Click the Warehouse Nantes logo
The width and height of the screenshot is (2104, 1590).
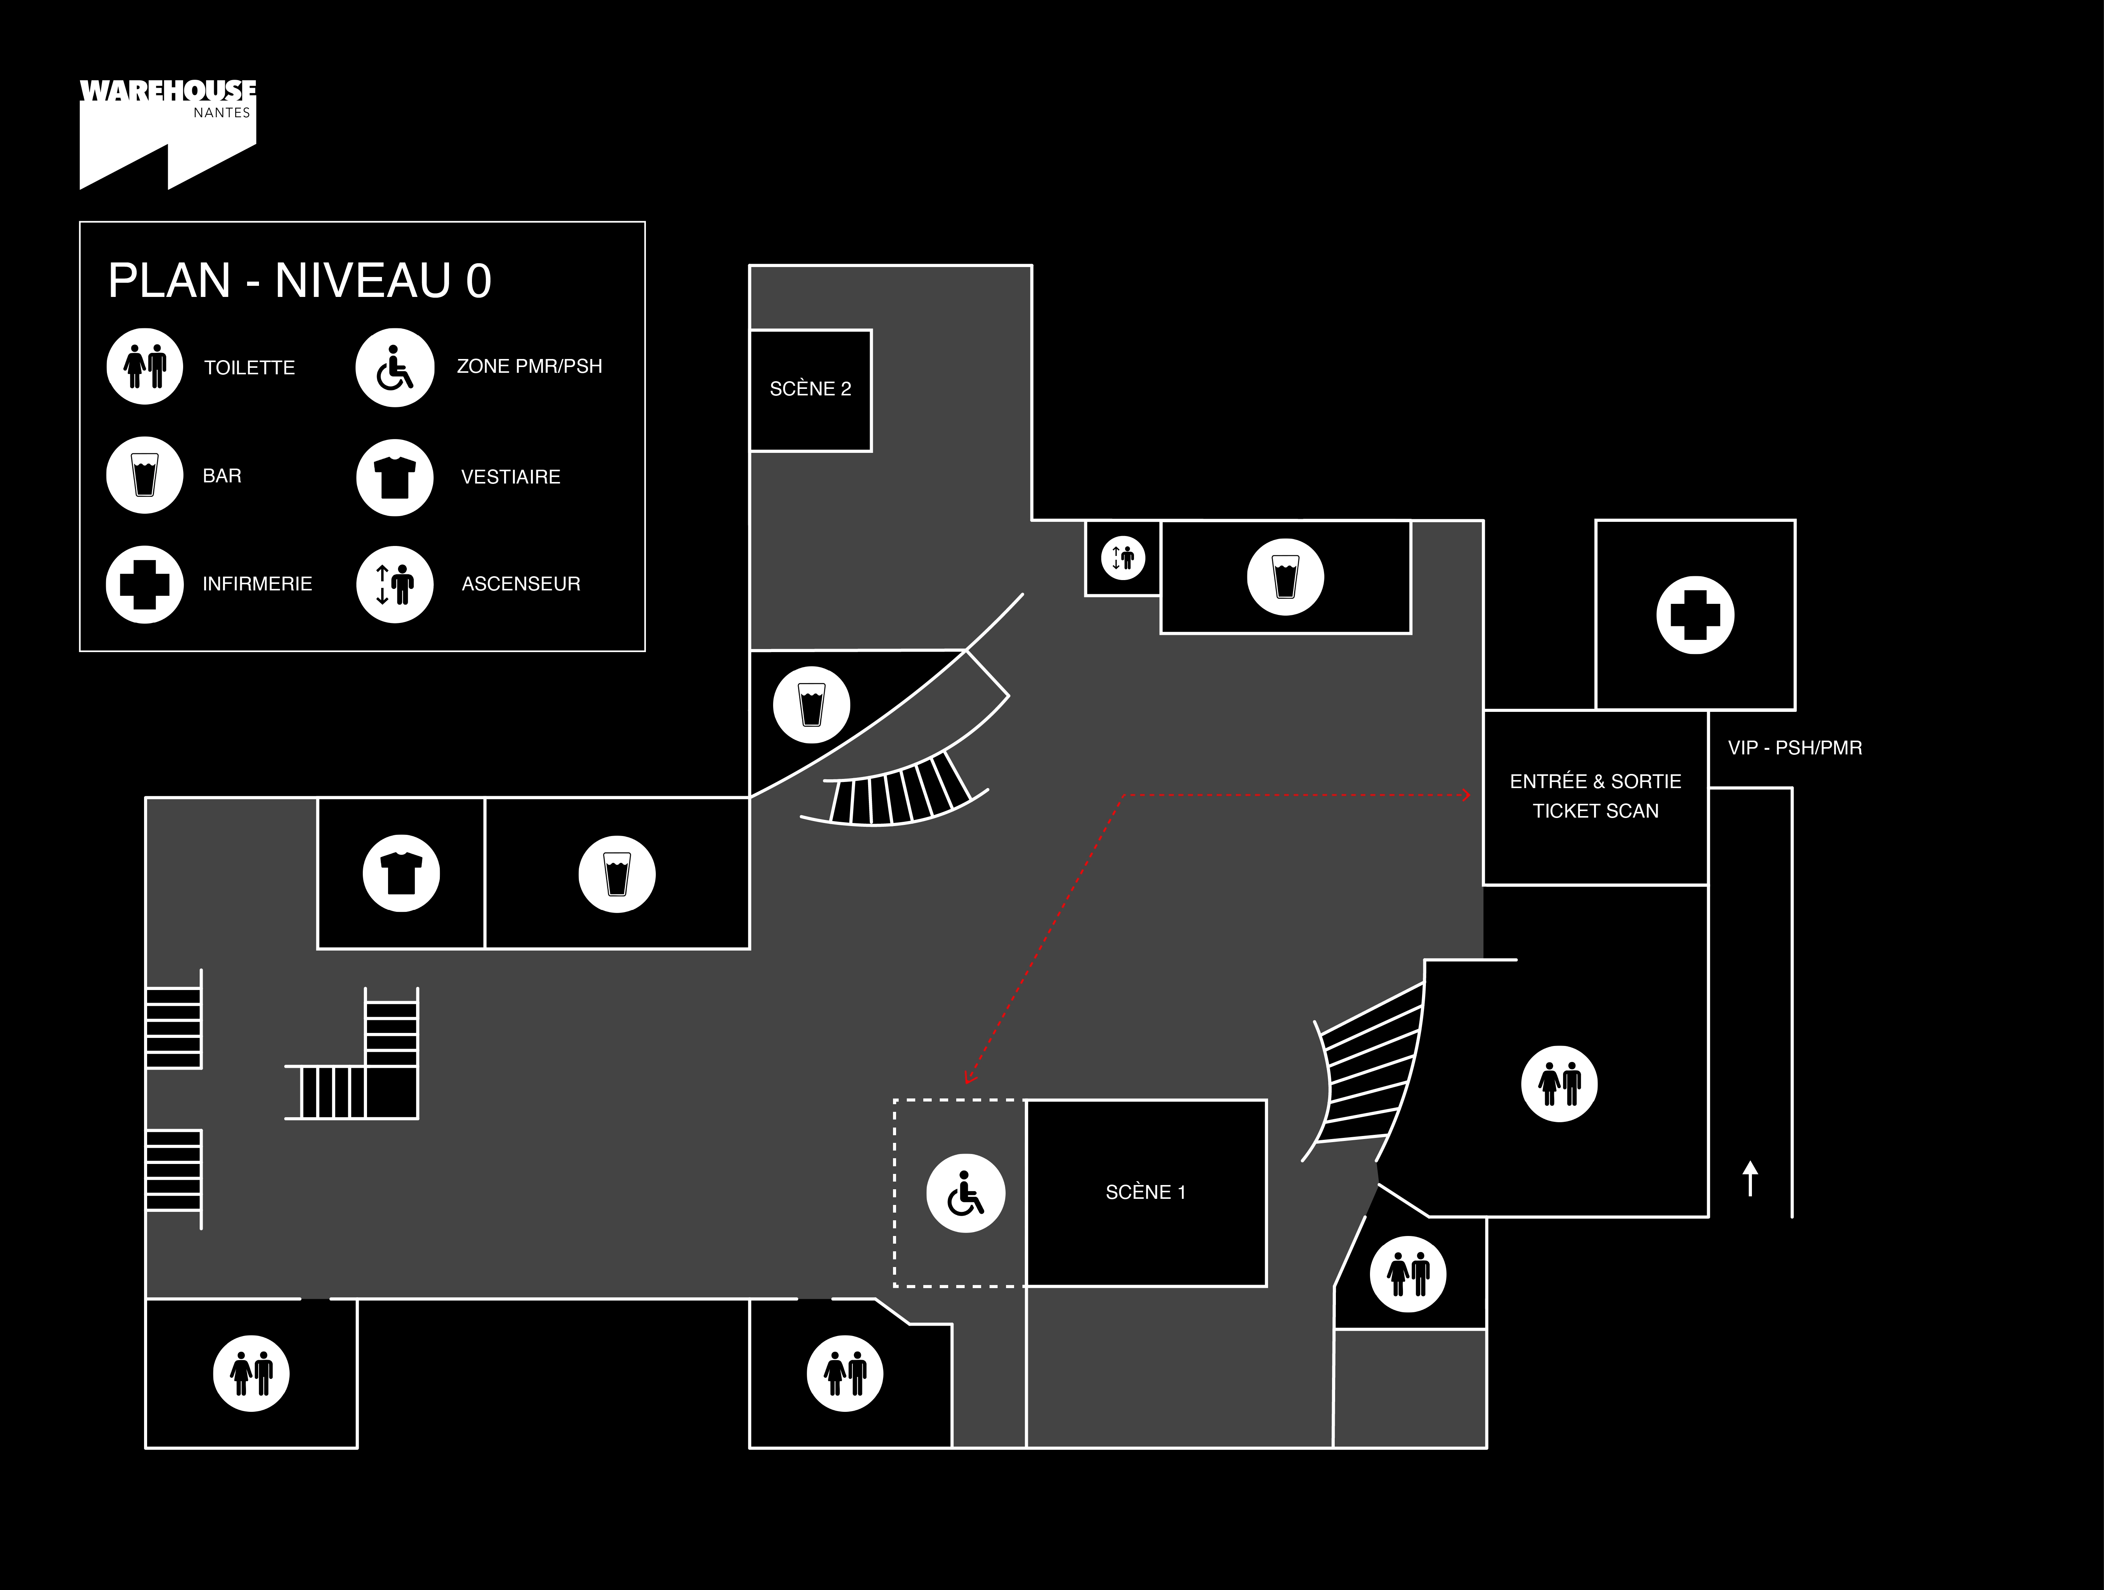167,134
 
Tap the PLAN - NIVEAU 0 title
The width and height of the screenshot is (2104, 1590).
300,281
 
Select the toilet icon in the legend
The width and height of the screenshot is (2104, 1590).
144,366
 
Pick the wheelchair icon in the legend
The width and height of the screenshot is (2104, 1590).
395,367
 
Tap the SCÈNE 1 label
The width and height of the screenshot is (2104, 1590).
1145,1192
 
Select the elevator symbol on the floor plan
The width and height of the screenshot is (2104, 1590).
1123,559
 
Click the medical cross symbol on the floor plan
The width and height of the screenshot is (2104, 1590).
1695,615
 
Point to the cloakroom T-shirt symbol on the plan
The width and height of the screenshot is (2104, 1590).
401,874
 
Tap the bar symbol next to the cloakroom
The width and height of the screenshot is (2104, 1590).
616,874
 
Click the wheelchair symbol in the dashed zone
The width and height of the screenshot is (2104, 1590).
965,1193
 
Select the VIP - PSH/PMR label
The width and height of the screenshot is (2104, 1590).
1795,748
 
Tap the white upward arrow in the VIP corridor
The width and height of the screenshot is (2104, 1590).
1750,1179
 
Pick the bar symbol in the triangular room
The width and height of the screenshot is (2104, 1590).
811,704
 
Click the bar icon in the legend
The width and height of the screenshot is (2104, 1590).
144,475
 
